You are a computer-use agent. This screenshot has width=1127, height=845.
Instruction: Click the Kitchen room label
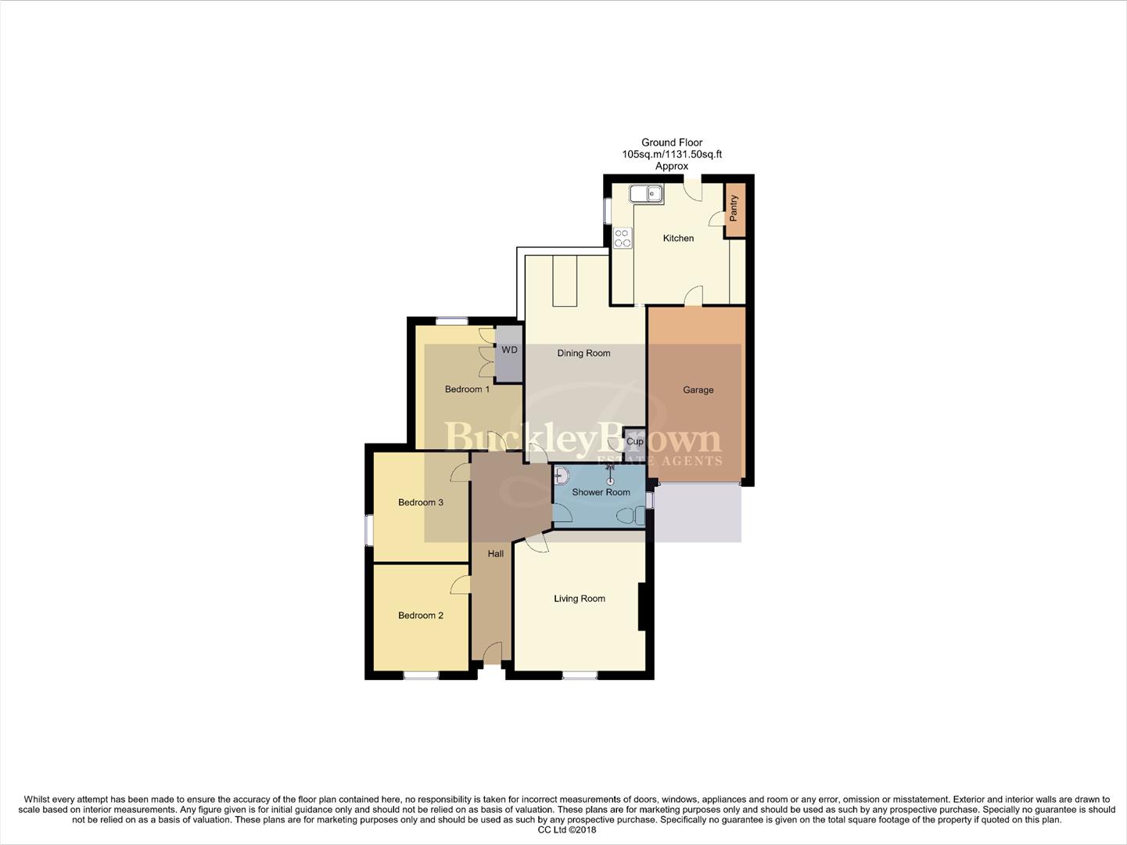point(678,238)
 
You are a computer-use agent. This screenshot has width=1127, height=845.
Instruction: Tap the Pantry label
point(734,208)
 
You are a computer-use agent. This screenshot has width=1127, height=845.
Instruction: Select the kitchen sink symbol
point(647,192)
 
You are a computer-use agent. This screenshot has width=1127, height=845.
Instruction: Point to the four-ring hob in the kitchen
point(623,238)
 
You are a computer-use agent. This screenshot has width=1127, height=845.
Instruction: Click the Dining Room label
point(583,353)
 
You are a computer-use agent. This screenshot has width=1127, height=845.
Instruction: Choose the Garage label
point(698,390)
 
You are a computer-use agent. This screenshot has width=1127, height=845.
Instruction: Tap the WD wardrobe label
point(509,350)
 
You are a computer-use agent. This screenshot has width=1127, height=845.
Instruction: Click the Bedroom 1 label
point(467,389)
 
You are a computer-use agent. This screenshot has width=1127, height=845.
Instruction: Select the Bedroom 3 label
point(421,502)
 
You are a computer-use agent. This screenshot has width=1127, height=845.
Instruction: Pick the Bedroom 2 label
point(421,615)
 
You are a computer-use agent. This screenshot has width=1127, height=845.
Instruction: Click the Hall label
point(496,553)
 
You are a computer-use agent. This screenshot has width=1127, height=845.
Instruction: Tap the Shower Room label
point(601,492)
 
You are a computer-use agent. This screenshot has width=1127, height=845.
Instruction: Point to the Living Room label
point(580,599)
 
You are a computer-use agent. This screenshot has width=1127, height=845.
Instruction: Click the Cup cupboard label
point(634,441)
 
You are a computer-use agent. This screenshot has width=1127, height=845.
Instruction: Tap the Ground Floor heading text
point(672,142)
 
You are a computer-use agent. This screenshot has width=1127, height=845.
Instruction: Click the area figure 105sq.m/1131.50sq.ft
point(672,154)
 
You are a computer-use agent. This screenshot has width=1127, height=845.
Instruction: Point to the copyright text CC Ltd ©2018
point(567,829)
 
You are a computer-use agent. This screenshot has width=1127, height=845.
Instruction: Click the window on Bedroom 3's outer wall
point(368,529)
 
